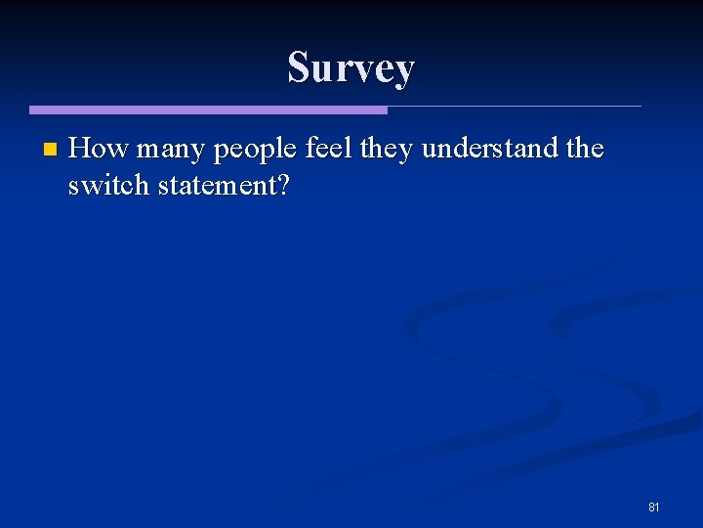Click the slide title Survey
pos(351,67)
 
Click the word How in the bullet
pos(99,149)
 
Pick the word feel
pos(329,149)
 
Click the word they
pos(387,150)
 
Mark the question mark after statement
pos(283,185)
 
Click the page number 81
pos(654,507)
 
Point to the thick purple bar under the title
pos(208,110)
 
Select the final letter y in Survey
pos(404,71)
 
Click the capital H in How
pos(81,149)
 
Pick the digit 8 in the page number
pos(651,507)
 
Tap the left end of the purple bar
pos(32,110)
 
